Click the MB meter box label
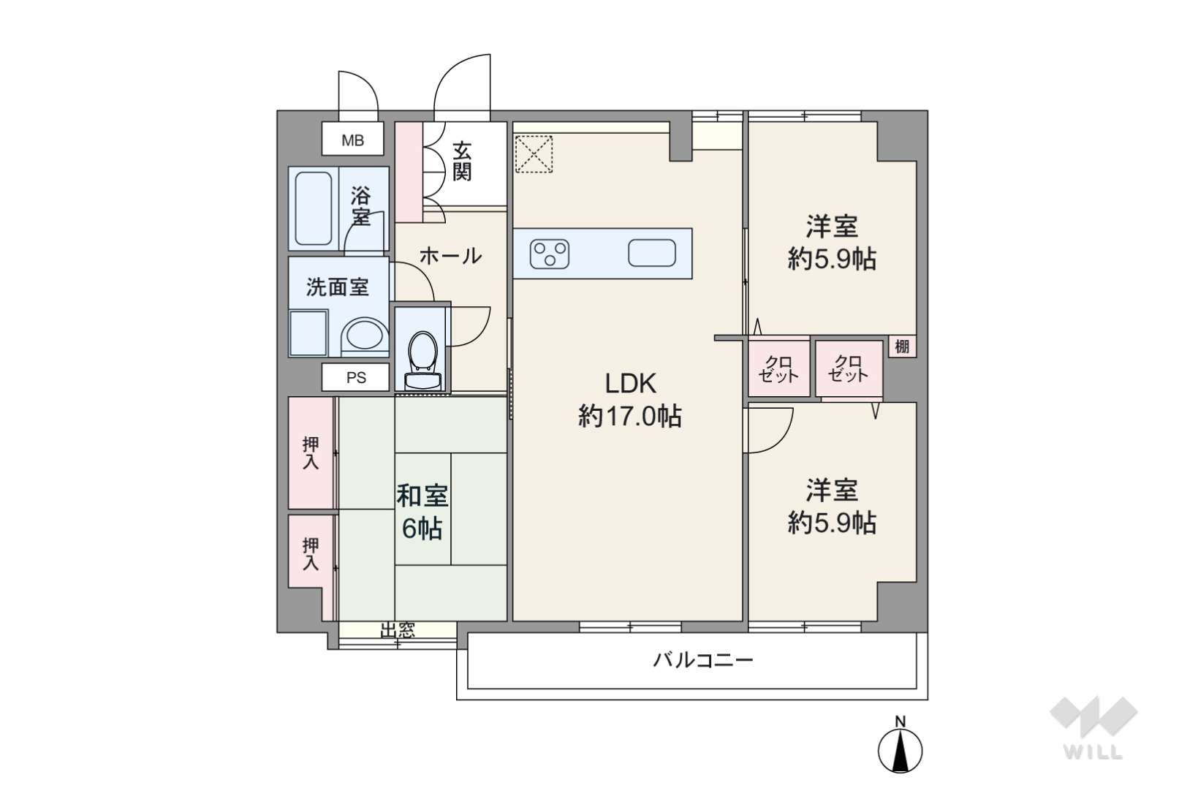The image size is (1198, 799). [x=353, y=140]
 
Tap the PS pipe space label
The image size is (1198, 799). [x=356, y=378]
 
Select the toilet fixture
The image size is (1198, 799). [x=423, y=360]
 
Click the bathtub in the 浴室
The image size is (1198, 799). [x=314, y=208]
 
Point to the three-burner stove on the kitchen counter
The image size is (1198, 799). [x=549, y=254]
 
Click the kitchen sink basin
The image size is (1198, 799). [x=652, y=253]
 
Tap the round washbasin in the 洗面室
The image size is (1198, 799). [x=365, y=336]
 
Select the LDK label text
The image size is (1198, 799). [x=630, y=383]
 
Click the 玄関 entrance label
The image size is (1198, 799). [x=462, y=162]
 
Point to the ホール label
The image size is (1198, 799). [x=450, y=256]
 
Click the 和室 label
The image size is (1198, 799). [x=422, y=496]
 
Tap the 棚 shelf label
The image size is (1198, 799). [x=902, y=347]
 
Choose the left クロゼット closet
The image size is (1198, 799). [x=778, y=368]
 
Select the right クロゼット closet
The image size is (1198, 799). [x=849, y=368]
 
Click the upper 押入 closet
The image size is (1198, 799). [x=311, y=452]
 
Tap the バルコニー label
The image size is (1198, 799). [x=702, y=660]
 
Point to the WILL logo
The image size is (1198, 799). [x=1093, y=728]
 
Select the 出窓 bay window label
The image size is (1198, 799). [x=398, y=631]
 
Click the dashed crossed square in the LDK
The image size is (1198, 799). [x=534, y=154]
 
